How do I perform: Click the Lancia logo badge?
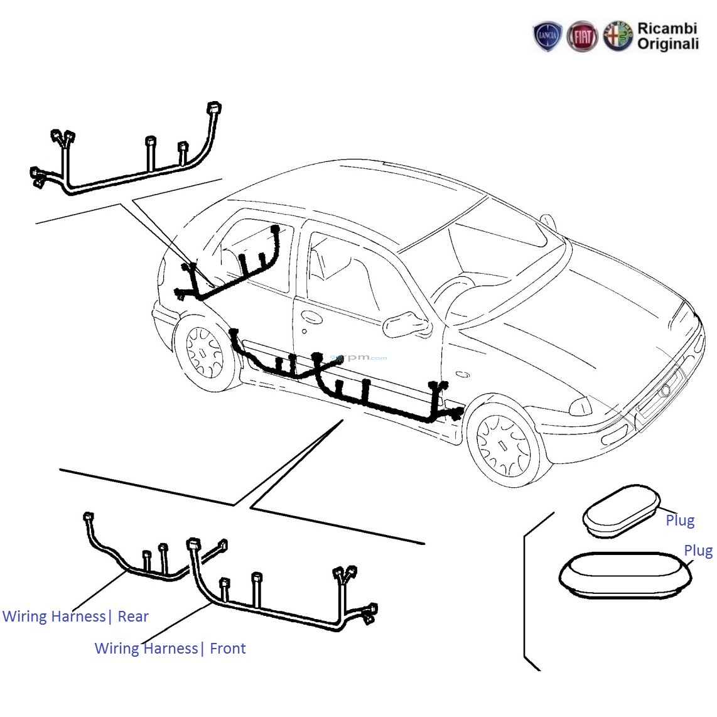pyautogui.click(x=547, y=37)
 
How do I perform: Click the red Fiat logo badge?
pyautogui.click(x=582, y=37)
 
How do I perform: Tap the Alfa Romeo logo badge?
pyautogui.click(x=618, y=36)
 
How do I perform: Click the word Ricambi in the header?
pyautogui.click(x=667, y=29)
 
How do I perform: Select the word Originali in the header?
pyautogui.click(x=668, y=45)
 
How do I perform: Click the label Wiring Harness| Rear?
pyautogui.click(x=75, y=617)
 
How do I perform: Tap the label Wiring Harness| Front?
pyautogui.click(x=170, y=649)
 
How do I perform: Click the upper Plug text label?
pyautogui.click(x=680, y=520)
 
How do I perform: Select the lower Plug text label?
pyautogui.click(x=698, y=551)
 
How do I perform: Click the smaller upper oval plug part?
pyautogui.click(x=621, y=510)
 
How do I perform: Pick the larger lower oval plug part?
pyautogui.click(x=624, y=574)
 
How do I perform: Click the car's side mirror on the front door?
pyautogui.click(x=406, y=325)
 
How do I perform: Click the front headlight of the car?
pyautogui.click(x=581, y=407)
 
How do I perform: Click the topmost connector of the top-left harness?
pyautogui.click(x=215, y=107)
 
